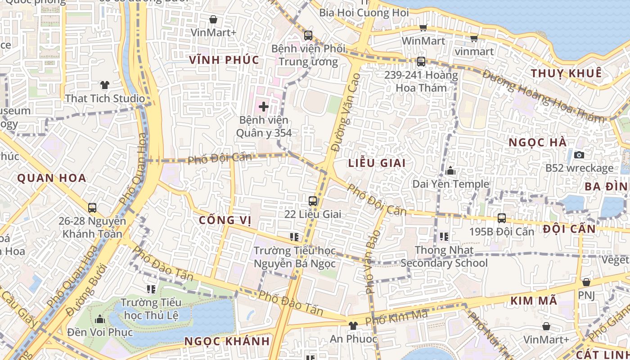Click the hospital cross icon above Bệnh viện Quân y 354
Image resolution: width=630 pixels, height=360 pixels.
264,107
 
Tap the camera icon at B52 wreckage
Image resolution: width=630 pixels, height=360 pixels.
579,155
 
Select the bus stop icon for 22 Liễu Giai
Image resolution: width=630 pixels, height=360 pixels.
313,201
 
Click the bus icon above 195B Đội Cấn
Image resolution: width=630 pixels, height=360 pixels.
502,218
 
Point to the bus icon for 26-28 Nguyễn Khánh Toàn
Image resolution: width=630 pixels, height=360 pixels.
92,208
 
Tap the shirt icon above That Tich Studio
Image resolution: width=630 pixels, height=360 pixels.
105,85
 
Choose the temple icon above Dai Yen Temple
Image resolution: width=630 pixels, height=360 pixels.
450,171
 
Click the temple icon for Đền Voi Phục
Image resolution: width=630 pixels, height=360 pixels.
100,319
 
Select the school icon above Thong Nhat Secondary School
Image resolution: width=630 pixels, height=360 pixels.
444,236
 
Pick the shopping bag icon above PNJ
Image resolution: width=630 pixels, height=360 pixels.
586,282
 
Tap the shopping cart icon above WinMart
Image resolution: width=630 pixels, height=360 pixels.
423,28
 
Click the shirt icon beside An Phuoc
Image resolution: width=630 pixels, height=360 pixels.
353,325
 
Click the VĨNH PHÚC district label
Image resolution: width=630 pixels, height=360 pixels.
224,60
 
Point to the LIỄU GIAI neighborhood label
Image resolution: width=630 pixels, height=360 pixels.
377,163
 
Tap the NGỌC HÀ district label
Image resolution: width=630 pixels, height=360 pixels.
537,142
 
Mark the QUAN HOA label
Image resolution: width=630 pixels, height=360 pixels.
52,178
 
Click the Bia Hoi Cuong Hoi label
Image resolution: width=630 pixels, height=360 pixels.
364,13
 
